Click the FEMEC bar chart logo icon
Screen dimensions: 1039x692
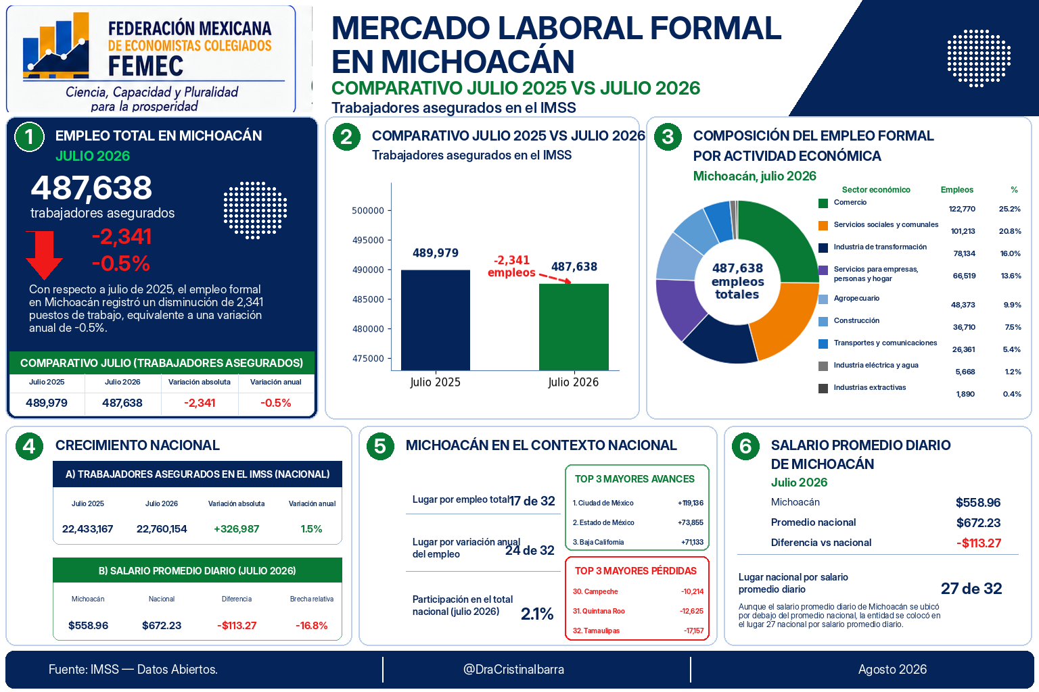(55, 45)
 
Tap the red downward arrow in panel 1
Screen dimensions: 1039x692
(44, 255)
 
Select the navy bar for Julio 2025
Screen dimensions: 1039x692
(435, 320)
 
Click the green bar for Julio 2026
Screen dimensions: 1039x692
(574, 327)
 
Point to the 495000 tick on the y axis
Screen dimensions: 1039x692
(368, 240)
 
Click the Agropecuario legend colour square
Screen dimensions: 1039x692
(823, 299)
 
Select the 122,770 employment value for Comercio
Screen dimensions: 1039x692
(961, 209)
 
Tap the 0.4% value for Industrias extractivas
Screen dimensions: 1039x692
(1012, 394)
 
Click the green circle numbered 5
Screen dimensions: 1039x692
(380, 446)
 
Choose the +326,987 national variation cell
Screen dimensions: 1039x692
(236, 529)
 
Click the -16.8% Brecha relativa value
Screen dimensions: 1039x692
(311, 625)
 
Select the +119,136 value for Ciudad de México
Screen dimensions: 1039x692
(690, 503)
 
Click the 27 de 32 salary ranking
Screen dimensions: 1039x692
(971, 589)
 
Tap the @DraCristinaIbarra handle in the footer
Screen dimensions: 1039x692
(513, 669)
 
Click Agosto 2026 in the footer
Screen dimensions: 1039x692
(892, 669)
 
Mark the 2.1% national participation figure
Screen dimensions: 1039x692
(536, 614)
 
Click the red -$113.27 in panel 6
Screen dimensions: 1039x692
(979, 543)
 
